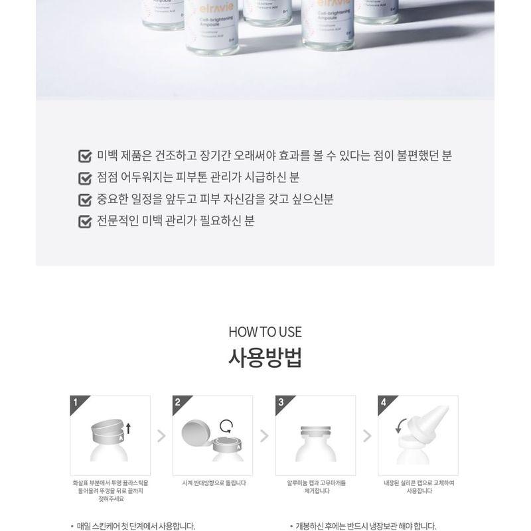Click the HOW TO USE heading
tap(265, 332)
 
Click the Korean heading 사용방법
tap(265, 359)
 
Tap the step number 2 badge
tap(178, 402)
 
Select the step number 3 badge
tap(281, 402)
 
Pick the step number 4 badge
tap(384, 402)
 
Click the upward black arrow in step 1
tap(128, 429)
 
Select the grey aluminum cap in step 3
tap(315, 430)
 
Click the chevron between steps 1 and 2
tap(161, 436)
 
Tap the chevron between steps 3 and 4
tap(367, 436)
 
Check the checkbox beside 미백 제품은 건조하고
tap(85, 157)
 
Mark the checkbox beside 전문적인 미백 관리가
tap(85, 221)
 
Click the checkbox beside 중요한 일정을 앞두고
tap(85, 200)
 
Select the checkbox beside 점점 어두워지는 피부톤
tap(85, 178)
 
